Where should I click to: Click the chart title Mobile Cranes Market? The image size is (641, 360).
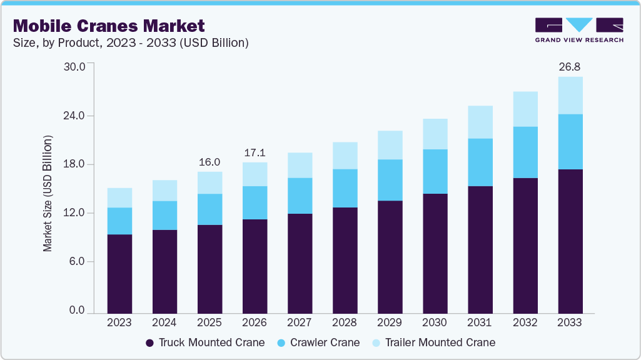[x=108, y=26]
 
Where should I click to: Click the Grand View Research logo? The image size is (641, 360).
[x=578, y=30]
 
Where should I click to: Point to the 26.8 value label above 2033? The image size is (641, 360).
[x=570, y=66]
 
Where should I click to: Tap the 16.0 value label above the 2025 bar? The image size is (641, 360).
[x=209, y=162]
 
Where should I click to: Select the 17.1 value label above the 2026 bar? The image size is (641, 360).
[x=255, y=152]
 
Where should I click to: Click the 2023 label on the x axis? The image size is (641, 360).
[x=119, y=322]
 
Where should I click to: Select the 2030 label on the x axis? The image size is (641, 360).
[x=435, y=322]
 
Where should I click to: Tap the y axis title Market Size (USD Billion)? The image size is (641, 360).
[x=48, y=193]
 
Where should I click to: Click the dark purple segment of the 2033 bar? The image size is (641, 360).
[x=570, y=241]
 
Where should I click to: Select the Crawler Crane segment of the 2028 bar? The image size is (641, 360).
[x=345, y=188]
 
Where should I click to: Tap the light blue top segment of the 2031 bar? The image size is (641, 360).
[x=480, y=122]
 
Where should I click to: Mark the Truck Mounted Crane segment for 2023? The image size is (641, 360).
[x=119, y=273]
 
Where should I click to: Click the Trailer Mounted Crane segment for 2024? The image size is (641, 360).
[x=164, y=191]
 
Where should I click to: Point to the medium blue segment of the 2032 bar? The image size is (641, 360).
[x=525, y=152]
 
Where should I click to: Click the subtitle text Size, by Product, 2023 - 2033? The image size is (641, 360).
[x=131, y=43]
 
